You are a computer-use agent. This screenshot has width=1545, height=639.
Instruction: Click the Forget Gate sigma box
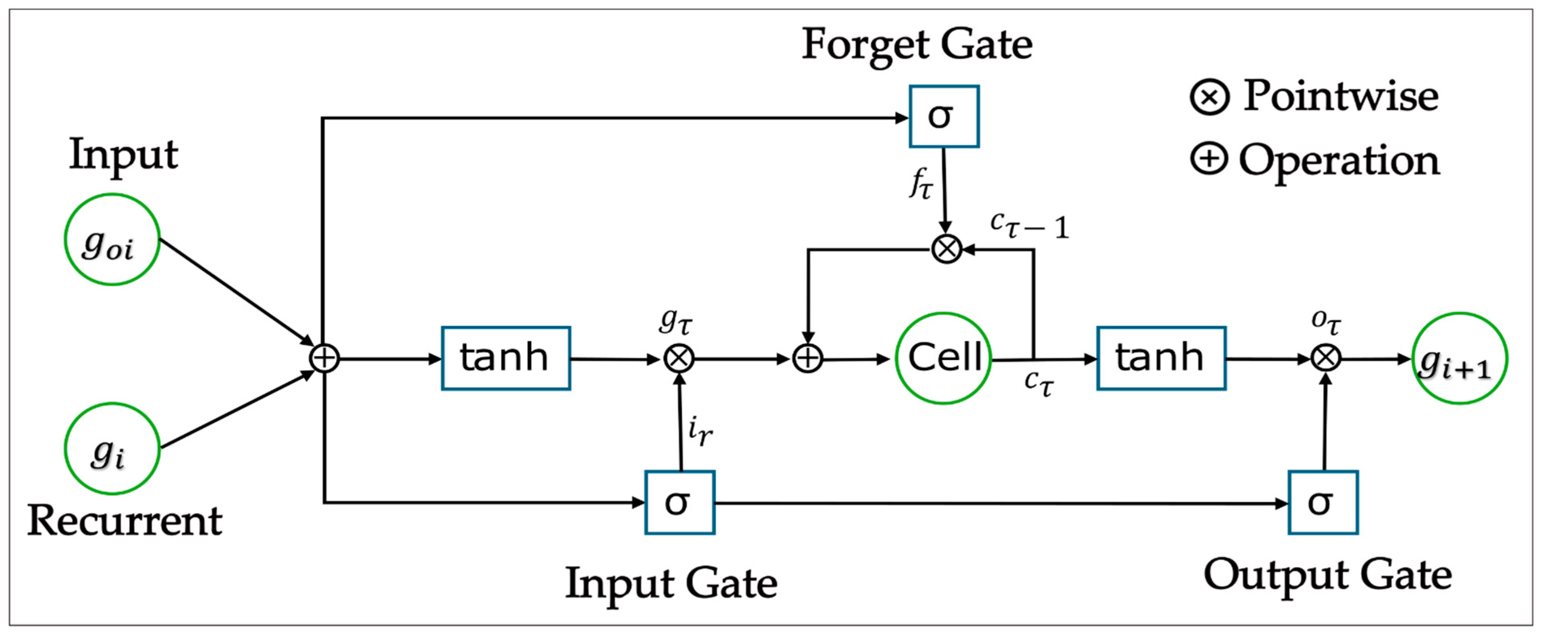coord(943,117)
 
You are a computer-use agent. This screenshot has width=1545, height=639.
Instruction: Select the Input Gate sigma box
coord(679,502)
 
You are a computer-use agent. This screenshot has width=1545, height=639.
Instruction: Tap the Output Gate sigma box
coord(1323,502)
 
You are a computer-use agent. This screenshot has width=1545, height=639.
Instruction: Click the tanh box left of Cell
coord(506,358)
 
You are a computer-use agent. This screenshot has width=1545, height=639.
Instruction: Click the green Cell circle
coord(943,358)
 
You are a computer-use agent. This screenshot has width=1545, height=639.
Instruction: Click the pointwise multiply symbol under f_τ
coord(946,249)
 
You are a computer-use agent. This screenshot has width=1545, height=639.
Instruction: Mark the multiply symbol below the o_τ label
coord(1325,359)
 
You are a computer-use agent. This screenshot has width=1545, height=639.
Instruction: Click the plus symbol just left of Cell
coord(807,359)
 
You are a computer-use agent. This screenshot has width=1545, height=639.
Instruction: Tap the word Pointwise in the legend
coord(1340,96)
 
